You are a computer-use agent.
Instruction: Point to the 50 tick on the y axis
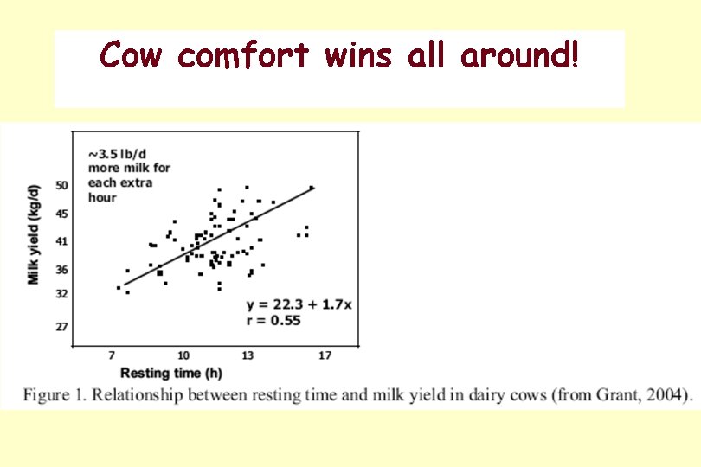(x=61, y=185)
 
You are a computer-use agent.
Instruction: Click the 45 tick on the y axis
(x=61, y=214)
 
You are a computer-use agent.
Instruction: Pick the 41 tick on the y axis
(x=61, y=241)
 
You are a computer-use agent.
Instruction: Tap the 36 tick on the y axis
(x=61, y=270)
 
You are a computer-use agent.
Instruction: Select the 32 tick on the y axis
(x=61, y=294)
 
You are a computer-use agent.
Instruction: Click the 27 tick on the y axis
(x=61, y=327)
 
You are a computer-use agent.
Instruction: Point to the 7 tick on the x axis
(x=112, y=356)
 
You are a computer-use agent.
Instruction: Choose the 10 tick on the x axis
(x=183, y=356)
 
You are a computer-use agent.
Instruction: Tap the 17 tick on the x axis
(x=325, y=356)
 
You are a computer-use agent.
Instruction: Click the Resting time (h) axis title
(x=171, y=374)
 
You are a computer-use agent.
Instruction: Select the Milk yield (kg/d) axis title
(x=34, y=233)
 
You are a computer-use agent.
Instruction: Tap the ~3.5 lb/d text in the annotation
(x=116, y=153)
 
